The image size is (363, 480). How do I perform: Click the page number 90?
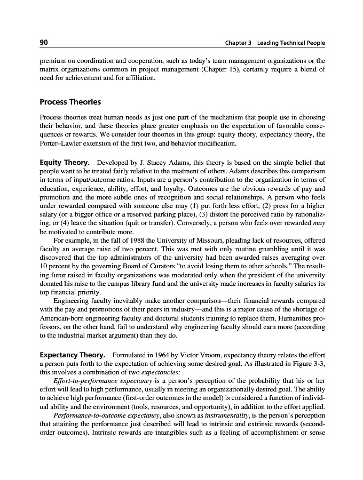[45, 43]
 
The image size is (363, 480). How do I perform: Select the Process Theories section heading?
[70, 101]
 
